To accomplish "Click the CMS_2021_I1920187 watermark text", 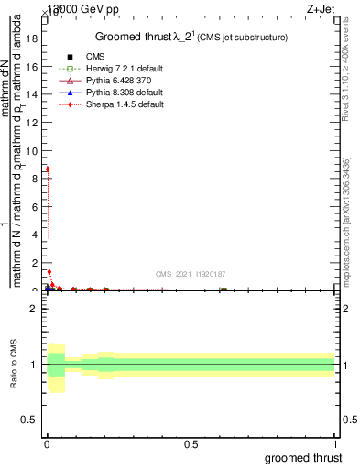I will [191, 274].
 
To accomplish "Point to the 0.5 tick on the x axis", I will [191, 443].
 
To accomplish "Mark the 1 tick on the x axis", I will [335, 443].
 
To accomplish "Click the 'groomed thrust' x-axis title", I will [304, 457].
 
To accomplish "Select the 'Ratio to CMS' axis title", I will [12, 365].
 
